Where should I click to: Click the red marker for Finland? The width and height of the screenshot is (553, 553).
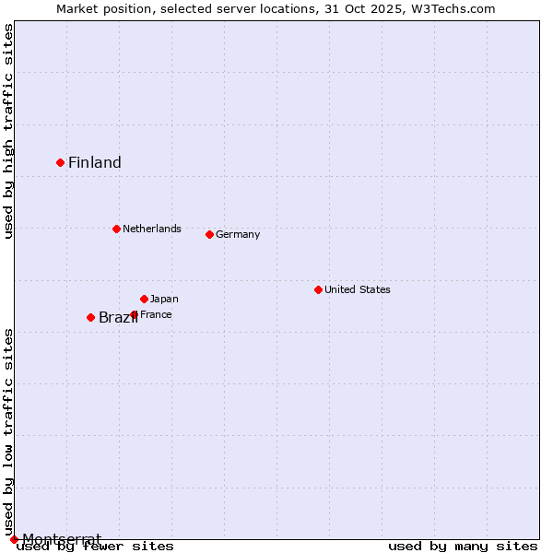click(61, 162)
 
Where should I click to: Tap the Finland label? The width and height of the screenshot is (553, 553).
click(95, 163)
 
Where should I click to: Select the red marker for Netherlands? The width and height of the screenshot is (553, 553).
click(116, 229)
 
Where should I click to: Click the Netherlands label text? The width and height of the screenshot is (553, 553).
click(152, 229)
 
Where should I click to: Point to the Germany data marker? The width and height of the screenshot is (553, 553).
click(209, 234)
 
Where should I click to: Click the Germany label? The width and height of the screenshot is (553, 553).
click(238, 234)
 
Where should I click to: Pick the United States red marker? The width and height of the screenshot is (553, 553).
click(318, 289)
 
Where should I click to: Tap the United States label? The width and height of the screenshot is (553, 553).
click(358, 289)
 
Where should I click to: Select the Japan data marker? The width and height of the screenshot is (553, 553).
click(144, 299)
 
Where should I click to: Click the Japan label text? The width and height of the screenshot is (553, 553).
click(164, 299)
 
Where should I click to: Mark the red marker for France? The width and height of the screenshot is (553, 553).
click(134, 314)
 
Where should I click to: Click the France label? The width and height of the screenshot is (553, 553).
click(156, 314)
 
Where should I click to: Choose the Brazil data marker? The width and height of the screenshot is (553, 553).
click(90, 317)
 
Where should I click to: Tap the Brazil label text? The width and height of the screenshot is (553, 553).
click(118, 318)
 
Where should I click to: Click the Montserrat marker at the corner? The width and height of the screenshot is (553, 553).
click(14, 539)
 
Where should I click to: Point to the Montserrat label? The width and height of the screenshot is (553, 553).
click(62, 538)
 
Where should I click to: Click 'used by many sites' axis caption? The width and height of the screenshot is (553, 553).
click(463, 547)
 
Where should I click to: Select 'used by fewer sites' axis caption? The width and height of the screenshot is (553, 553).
click(96, 547)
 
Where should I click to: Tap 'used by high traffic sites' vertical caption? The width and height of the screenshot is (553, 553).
click(8, 131)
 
